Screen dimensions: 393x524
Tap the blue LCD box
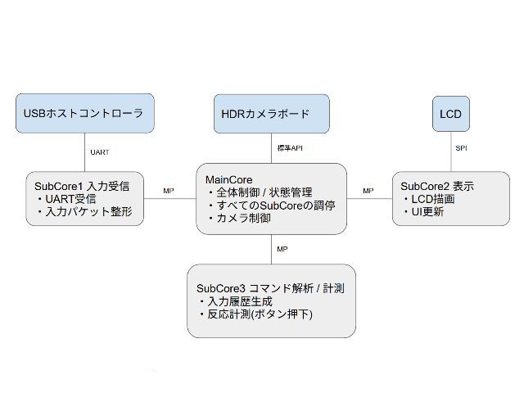[x=451, y=113]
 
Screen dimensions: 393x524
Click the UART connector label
[x=100, y=151]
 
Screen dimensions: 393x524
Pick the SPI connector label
[x=461, y=148]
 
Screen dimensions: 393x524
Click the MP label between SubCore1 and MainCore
[x=168, y=191]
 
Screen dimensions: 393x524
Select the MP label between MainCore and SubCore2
[x=368, y=191]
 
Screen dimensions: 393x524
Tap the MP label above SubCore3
[x=282, y=248]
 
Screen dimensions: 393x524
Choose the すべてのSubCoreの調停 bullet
[x=273, y=206]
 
